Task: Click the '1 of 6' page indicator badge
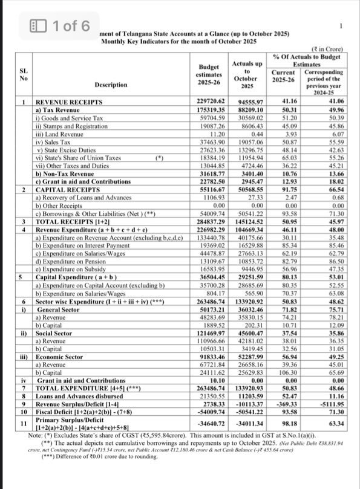click(60, 26)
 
